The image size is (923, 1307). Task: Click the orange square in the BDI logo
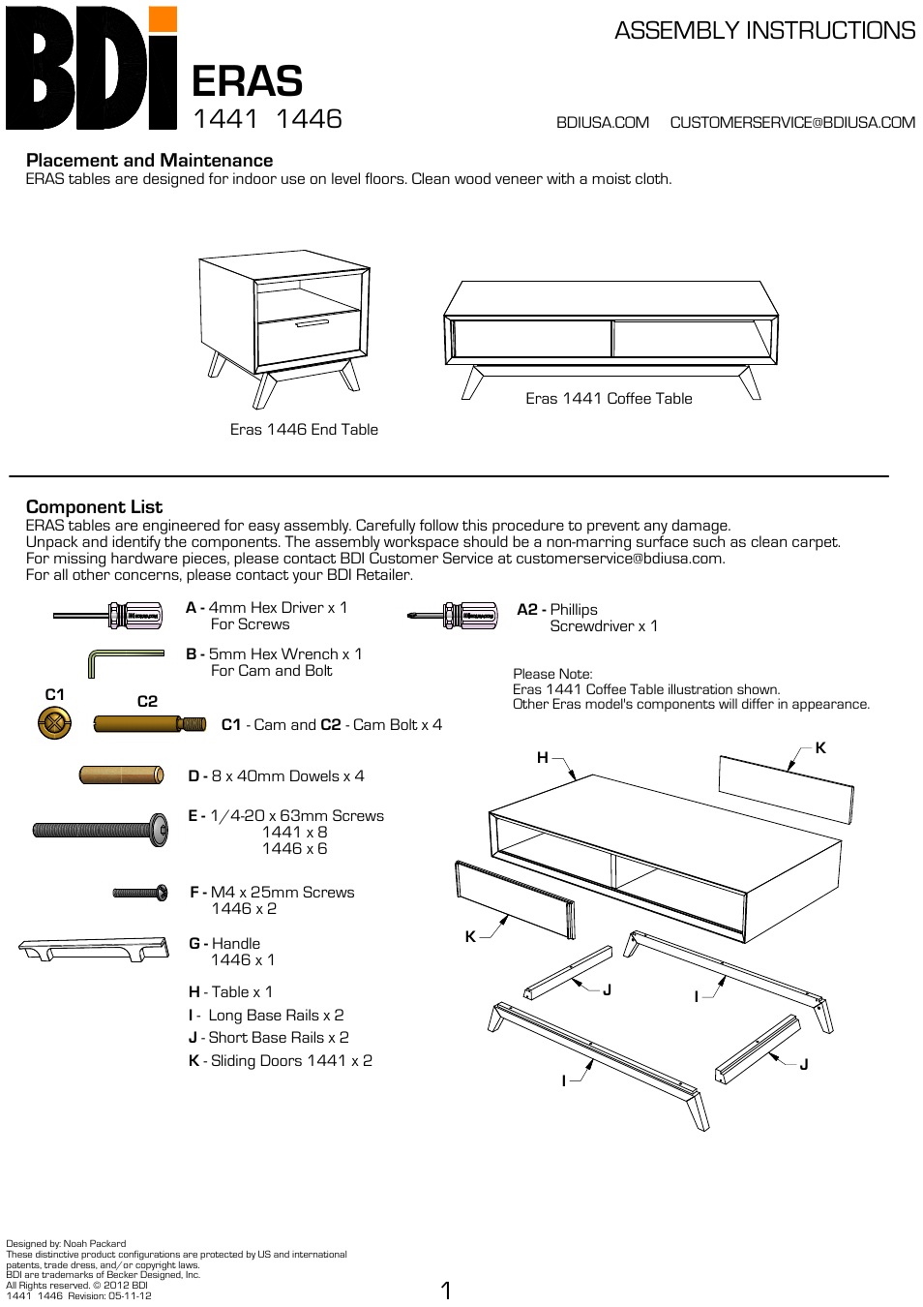pos(164,19)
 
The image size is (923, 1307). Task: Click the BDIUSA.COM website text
pos(602,123)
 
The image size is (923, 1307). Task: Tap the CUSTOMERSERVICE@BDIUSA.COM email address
pos(791,123)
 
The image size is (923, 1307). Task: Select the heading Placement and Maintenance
pos(149,161)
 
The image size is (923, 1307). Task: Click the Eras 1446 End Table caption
pos(304,430)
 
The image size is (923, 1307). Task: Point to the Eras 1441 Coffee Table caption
pos(609,399)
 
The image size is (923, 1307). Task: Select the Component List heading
pos(94,507)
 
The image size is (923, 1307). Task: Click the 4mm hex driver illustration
pos(108,615)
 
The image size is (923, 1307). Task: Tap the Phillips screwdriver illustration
pos(453,615)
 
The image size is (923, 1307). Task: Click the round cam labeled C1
pos(54,722)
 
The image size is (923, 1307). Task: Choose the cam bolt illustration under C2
pos(149,724)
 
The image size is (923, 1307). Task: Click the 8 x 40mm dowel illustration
pos(121,775)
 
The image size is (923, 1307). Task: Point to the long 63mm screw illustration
pos(101,830)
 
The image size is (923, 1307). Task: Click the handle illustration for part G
pos(93,948)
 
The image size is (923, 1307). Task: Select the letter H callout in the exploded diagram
pos(543,758)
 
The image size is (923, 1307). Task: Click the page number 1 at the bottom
pos(446,1290)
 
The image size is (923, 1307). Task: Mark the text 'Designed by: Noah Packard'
pos(66,1244)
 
